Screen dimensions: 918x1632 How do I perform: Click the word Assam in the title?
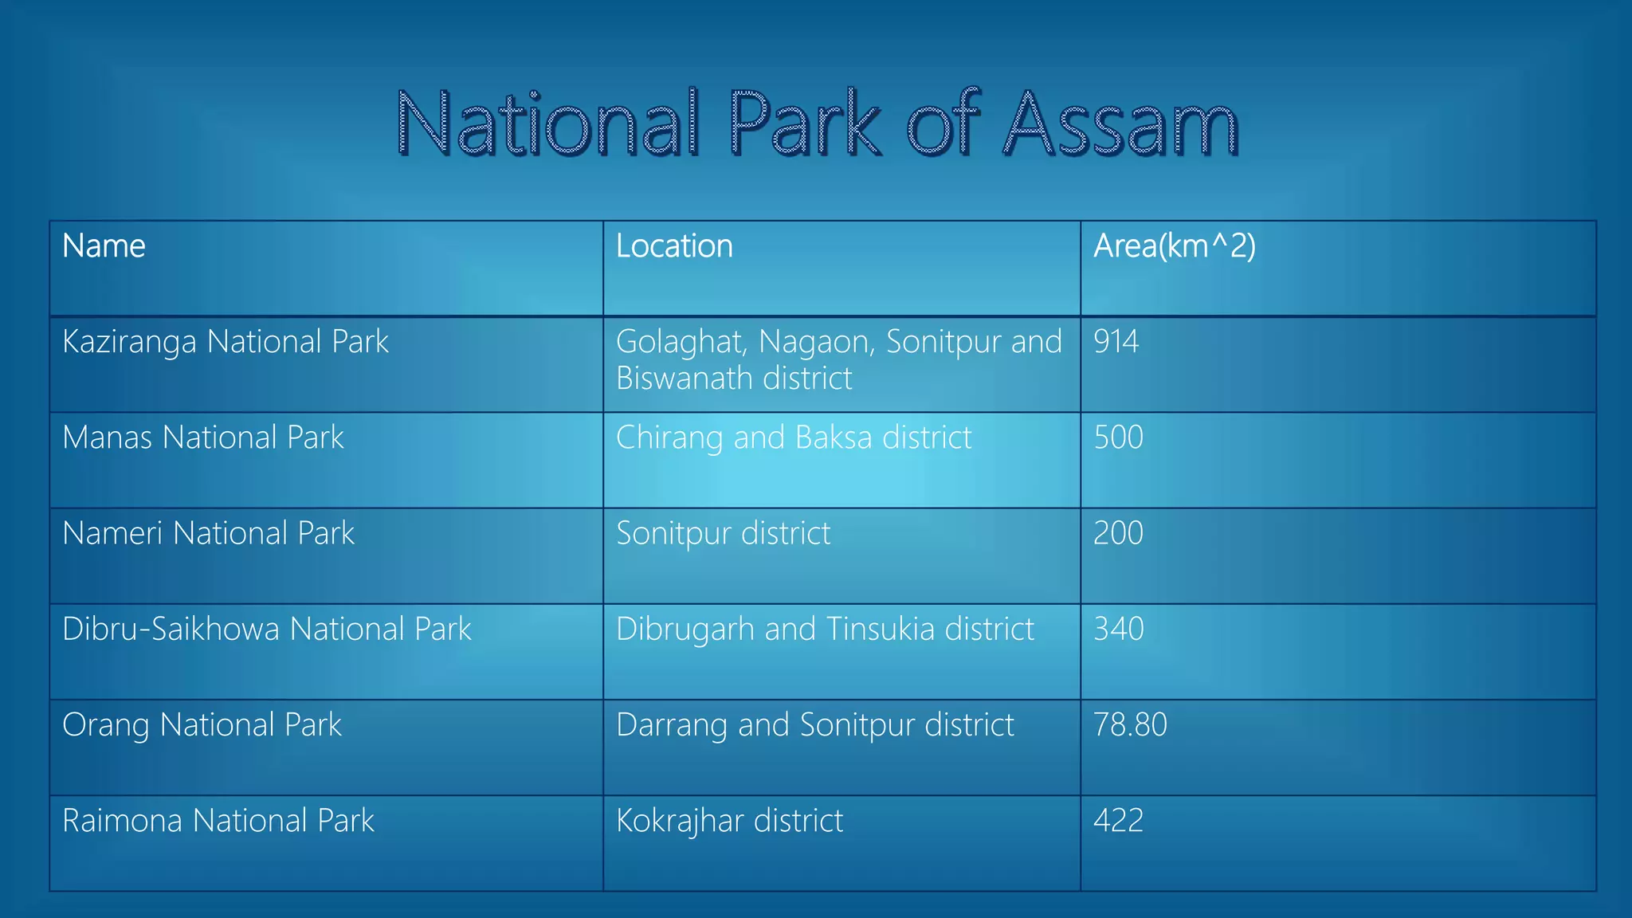click(x=1120, y=125)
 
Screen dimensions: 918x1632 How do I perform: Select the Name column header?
click(x=104, y=246)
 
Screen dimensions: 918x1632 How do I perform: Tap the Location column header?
click(x=674, y=246)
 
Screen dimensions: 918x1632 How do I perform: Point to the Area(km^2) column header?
click(x=1174, y=246)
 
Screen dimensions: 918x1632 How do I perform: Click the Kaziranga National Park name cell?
click(x=226, y=342)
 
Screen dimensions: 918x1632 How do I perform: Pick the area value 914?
click(x=1116, y=342)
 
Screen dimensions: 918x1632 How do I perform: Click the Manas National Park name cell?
click(x=203, y=437)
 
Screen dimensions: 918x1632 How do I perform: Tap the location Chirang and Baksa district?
click(x=794, y=437)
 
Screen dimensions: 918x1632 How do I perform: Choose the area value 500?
click(x=1118, y=437)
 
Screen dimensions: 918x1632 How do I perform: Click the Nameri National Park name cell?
click(x=208, y=533)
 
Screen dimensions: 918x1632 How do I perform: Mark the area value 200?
click(x=1118, y=533)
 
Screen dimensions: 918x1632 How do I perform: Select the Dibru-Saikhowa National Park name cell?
click(x=267, y=629)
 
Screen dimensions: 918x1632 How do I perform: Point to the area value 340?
click(x=1118, y=629)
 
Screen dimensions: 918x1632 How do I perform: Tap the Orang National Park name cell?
click(x=202, y=725)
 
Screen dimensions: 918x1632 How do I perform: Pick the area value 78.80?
click(x=1130, y=725)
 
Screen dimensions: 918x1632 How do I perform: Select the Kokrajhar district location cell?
click(x=729, y=821)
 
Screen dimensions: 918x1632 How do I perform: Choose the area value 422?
click(x=1118, y=821)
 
